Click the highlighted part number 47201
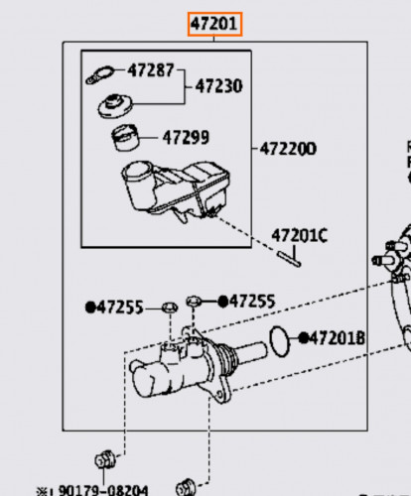coord(214,24)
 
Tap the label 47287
coord(151,70)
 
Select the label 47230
coord(218,86)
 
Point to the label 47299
coord(186,137)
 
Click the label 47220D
coord(288,149)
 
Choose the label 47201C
coord(300,235)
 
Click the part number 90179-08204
coord(103,490)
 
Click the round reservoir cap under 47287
coord(115,105)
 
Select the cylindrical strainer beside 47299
coord(125,137)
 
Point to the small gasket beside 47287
coord(99,75)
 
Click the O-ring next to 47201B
coord(280,341)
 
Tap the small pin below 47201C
coord(290,259)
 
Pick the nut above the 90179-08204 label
coord(105,459)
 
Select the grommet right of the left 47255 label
coord(170,308)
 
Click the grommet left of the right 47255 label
coord(194,302)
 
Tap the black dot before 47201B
coord(304,338)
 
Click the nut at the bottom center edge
coord(186,488)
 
